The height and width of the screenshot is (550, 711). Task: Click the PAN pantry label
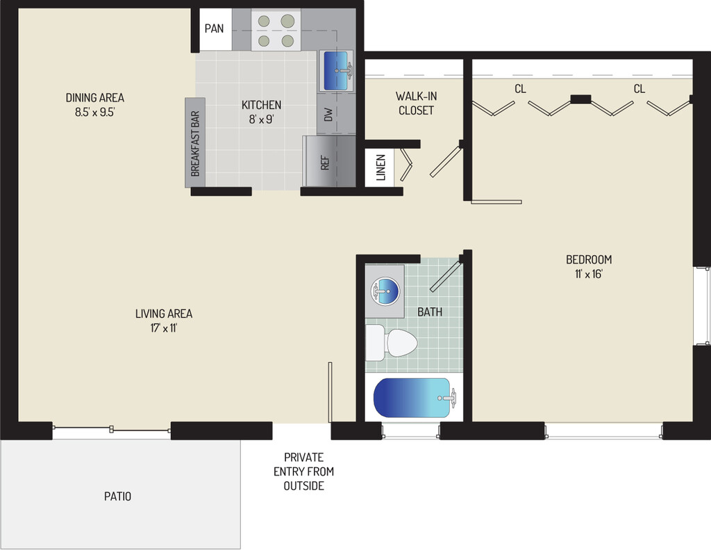[x=214, y=29]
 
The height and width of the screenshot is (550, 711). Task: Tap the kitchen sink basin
[x=337, y=70]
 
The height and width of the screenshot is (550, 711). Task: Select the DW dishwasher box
[x=328, y=115]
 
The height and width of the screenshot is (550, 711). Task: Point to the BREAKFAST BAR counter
[x=195, y=143]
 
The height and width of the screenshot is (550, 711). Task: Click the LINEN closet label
[x=380, y=168]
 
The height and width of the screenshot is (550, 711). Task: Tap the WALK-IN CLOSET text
[x=415, y=103]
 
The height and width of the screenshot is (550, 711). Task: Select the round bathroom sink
[x=385, y=291]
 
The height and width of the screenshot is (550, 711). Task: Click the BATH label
[x=429, y=312]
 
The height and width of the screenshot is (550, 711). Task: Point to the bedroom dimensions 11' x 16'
[x=589, y=273]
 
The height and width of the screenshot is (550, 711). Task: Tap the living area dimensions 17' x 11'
[x=164, y=328]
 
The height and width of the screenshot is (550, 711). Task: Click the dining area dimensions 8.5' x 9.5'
[x=95, y=111]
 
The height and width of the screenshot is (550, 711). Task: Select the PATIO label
[x=117, y=496]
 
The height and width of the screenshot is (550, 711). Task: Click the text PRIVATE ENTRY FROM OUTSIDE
[x=303, y=471]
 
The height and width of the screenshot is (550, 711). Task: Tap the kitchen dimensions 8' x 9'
[x=261, y=119]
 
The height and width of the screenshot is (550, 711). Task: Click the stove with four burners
[x=275, y=31]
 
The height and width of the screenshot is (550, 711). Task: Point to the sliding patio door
[x=112, y=430]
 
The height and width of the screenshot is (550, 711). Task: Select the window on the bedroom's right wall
[x=702, y=305]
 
